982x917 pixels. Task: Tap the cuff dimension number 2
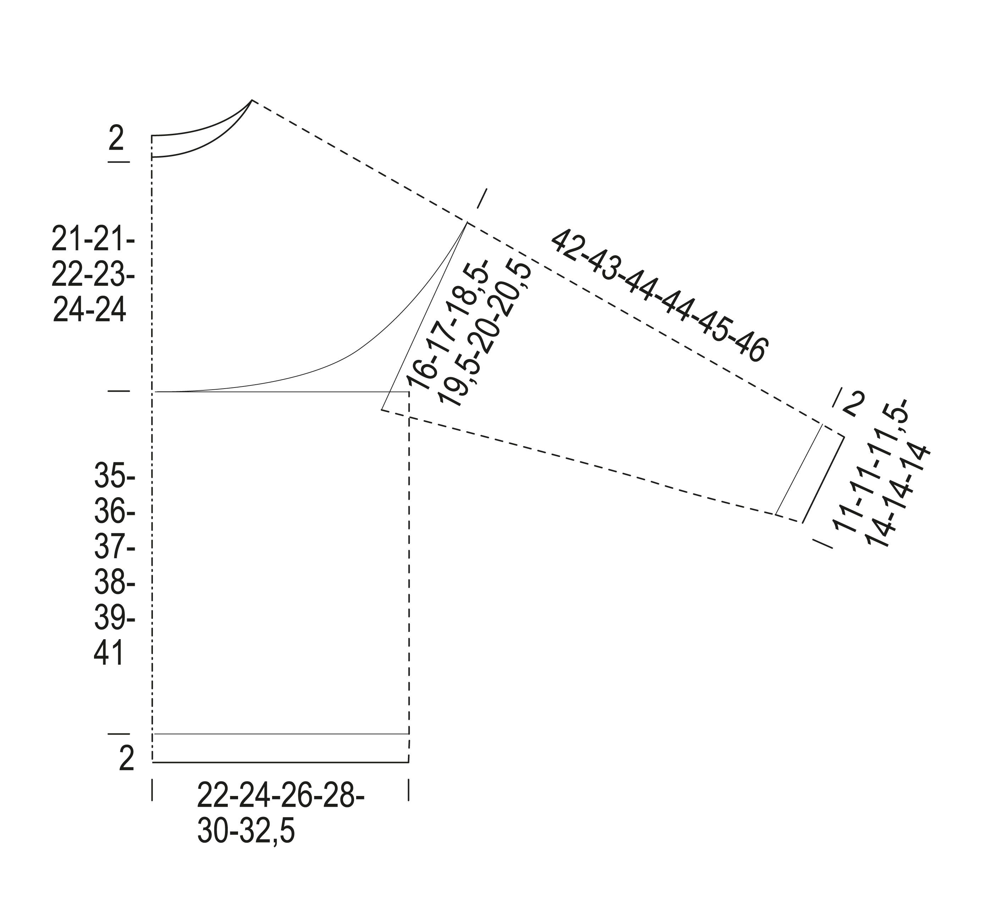tap(853, 404)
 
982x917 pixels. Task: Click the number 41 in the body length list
tap(108, 654)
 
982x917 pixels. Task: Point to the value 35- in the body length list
tap(115, 476)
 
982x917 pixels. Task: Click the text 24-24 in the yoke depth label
tap(89, 310)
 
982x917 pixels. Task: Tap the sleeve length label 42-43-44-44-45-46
tap(660, 296)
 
